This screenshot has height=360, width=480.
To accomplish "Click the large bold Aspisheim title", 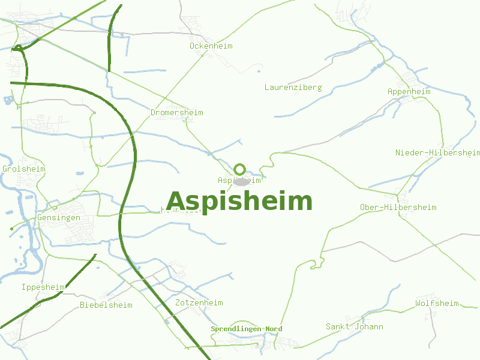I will click(239, 202).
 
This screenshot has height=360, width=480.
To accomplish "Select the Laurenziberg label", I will click(293, 88).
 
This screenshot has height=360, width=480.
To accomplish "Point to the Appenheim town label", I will click(409, 92).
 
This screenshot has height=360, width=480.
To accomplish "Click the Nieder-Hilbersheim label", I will click(437, 153).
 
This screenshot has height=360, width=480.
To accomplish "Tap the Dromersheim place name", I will click(176, 113).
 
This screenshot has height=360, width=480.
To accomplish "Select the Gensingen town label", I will click(58, 218).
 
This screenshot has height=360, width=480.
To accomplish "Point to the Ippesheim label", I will click(43, 287).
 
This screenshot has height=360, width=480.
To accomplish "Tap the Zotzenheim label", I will click(199, 303).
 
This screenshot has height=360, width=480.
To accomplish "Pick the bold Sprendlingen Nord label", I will click(246, 329).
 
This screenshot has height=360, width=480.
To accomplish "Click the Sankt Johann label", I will click(354, 327).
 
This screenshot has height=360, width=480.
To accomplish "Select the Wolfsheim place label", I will click(437, 304).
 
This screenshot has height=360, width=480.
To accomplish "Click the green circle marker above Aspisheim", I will click(240, 169).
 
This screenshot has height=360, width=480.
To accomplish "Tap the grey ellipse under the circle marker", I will click(241, 182).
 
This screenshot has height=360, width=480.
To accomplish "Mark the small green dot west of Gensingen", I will click(11, 229).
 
